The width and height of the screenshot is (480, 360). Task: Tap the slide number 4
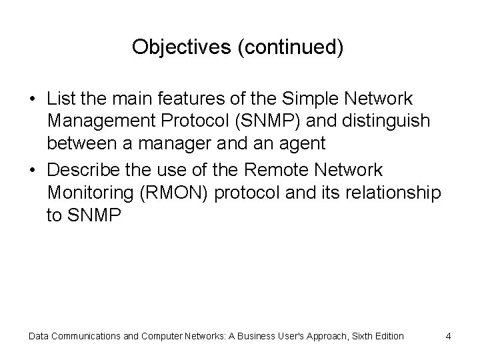[x=449, y=336]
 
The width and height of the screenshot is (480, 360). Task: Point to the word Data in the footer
[x=39, y=336]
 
